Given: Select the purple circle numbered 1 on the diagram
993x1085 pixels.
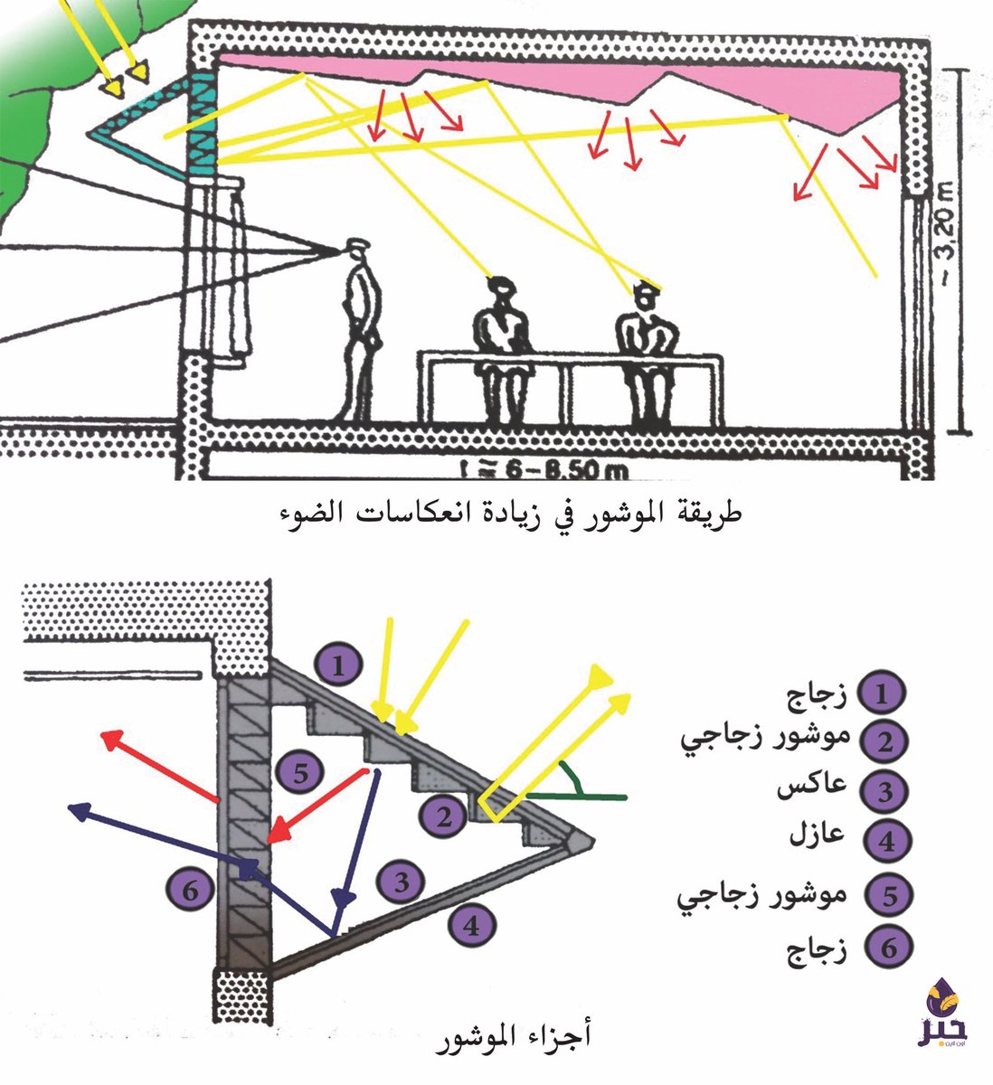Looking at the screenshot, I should coord(337,667).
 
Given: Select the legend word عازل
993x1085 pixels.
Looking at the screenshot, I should coord(824,834).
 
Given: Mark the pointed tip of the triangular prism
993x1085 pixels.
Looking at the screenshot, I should coord(592,841).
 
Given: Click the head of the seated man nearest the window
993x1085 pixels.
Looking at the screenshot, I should coord(499,294).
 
